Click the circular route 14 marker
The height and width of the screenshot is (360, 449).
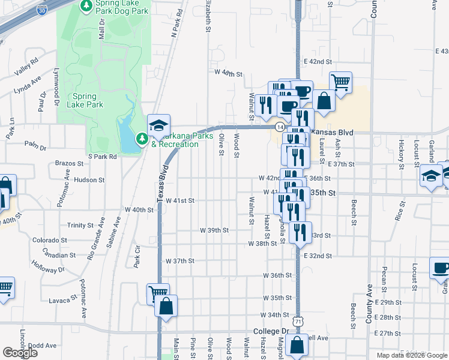tap(280, 127)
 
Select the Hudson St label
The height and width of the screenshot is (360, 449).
tap(90, 179)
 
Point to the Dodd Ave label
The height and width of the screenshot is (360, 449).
tap(42, 346)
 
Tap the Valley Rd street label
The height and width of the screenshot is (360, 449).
tap(26, 65)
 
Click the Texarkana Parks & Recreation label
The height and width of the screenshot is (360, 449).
tap(175, 140)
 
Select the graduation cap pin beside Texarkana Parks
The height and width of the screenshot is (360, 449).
tap(159, 125)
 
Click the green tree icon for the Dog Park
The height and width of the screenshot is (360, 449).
tap(86, 5)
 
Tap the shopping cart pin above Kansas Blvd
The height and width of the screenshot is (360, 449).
tap(340, 82)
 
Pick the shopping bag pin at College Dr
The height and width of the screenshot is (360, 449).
tap(296, 346)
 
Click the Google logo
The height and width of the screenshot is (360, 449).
tap(20, 353)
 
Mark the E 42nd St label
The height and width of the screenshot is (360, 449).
tap(318, 61)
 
